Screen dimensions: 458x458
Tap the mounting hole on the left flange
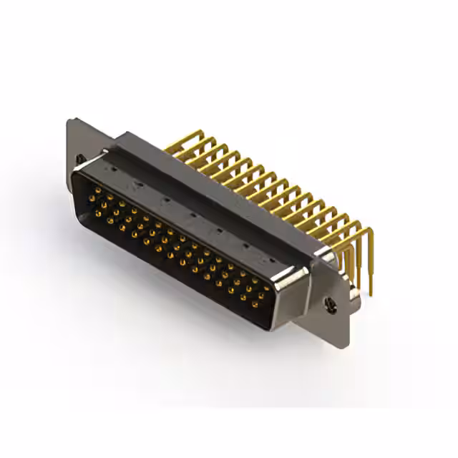point(80,158)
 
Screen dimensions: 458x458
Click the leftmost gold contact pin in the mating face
point(93,192)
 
